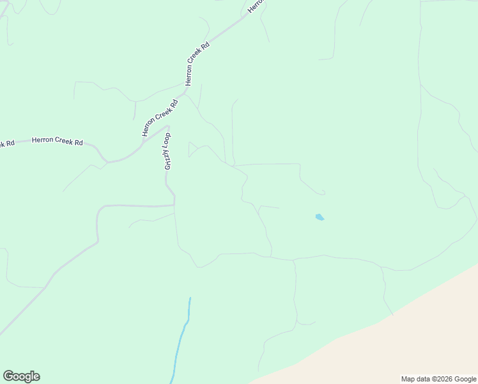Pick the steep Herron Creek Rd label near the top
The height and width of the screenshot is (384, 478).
(x=197, y=65)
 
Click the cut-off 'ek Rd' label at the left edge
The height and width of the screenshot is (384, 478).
(x=6, y=143)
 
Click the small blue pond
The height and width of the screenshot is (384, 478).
(x=320, y=218)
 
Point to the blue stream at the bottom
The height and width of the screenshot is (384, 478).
(x=181, y=339)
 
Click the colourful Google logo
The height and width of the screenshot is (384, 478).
(x=21, y=376)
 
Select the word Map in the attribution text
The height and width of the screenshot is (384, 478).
(x=408, y=379)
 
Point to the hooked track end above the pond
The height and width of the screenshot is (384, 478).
(x=323, y=192)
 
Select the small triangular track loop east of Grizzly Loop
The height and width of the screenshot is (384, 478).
(x=192, y=150)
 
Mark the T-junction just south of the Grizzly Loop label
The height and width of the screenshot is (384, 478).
(x=174, y=205)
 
